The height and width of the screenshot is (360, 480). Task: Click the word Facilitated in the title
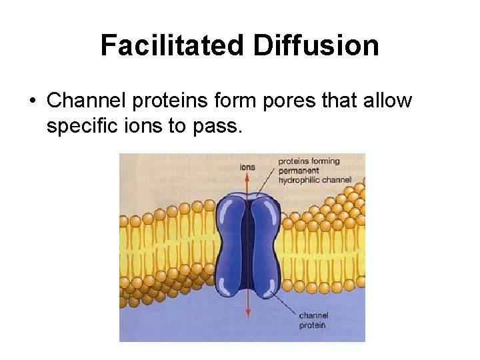pyautogui.click(x=173, y=46)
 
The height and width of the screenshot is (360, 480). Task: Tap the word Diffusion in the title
pyautogui.click(x=316, y=46)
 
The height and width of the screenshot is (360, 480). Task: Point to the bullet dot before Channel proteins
pyautogui.click(x=32, y=101)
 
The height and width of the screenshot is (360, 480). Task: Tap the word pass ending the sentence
pyautogui.click(x=217, y=125)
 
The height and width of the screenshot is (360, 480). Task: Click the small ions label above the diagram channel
pyautogui.click(x=247, y=167)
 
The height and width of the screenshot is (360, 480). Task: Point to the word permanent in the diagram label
pyautogui.click(x=299, y=171)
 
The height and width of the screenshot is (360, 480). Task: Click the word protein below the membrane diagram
pyautogui.click(x=313, y=325)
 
